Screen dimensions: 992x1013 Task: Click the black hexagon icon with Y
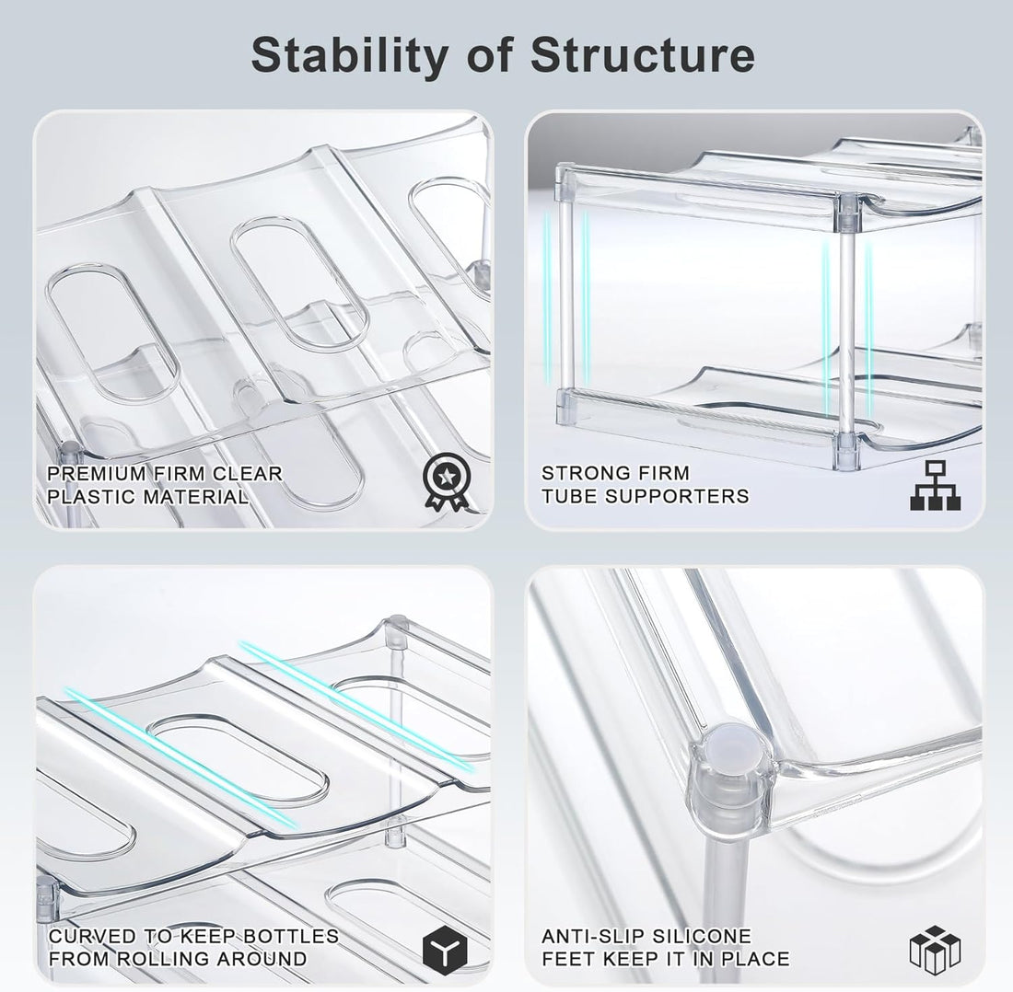click(444, 949)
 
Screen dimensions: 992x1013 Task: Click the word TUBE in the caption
click(569, 497)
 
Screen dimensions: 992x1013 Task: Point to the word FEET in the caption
click(567, 959)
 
